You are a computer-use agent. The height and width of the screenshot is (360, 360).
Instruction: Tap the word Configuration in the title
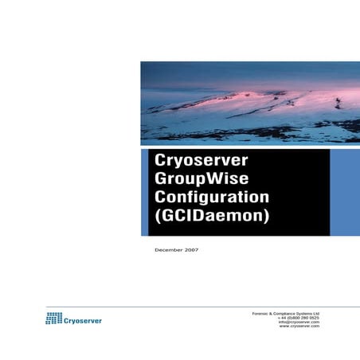pos(211,198)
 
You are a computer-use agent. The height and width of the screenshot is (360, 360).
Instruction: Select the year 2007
pos(190,250)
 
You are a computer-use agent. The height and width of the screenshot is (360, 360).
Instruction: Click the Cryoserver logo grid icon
pos(54,319)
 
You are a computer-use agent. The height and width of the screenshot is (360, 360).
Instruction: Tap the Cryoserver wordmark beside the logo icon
pos(84,320)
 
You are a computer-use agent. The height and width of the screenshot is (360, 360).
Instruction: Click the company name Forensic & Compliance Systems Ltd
pos(284,312)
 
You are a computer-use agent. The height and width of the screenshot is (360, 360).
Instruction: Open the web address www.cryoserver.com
pos(299,327)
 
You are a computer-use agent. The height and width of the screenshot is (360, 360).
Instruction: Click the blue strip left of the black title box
pos(144,191)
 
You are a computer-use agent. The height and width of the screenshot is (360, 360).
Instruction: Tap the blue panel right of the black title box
pos(344,191)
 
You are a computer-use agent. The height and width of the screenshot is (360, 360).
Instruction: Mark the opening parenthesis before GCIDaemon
pos(157,216)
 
